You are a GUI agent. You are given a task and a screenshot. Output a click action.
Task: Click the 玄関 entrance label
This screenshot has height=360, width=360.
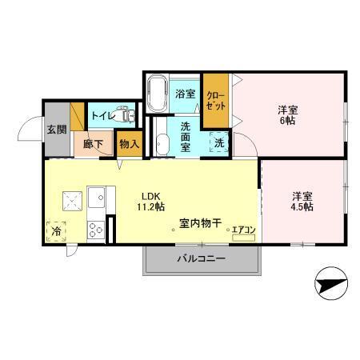55,130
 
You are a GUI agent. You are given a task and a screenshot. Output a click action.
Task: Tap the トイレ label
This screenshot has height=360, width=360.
101,115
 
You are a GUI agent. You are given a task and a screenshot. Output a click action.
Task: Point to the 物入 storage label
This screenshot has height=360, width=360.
128,145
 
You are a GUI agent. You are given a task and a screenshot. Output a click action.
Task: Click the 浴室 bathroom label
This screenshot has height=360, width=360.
186,94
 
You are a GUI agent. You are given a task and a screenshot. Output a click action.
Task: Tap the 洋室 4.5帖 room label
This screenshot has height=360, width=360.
302,200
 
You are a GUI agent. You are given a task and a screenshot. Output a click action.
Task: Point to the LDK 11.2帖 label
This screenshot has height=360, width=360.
153,200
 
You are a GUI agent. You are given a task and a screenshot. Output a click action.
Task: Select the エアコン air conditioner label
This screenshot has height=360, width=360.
243,231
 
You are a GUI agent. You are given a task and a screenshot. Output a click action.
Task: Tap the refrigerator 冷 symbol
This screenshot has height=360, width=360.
56,231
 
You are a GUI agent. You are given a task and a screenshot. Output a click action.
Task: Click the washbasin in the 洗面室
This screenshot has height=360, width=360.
162,143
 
